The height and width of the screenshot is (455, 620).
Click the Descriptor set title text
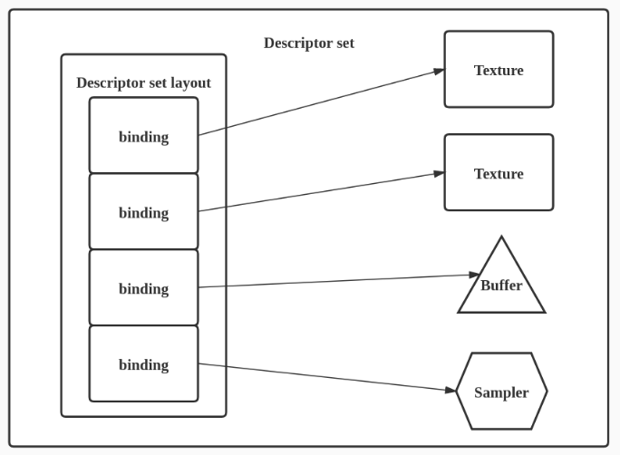[308, 44]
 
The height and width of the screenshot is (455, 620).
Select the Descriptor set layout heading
[143, 83]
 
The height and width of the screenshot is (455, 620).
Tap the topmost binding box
[143, 136]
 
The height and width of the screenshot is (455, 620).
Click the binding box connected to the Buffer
[143, 288]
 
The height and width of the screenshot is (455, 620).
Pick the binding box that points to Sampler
[143, 364]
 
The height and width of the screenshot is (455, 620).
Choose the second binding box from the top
[143, 212]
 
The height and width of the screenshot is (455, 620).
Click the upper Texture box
[499, 70]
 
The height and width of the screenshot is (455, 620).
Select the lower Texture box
[499, 173]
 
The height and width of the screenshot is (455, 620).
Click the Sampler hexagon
[501, 392]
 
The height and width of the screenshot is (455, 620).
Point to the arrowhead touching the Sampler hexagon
[450, 391]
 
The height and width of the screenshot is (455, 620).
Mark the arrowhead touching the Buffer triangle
[473, 275]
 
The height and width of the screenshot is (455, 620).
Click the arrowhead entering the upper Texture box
[439, 71]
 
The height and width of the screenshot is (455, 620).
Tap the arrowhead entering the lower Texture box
[439, 173]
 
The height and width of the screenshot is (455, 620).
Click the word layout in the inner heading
[189, 83]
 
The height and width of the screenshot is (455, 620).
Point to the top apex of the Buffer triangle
[501, 238]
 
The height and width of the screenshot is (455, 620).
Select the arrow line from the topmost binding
[317, 102]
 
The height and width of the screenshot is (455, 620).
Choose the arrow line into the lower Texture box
[317, 192]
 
